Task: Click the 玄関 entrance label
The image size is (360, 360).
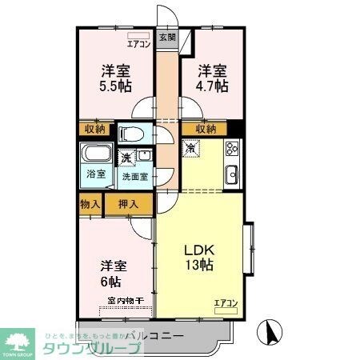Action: click(x=165, y=38)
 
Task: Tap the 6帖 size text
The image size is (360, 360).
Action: click(x=110, y=282)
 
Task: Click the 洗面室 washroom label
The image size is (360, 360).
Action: click(x=134, y=177)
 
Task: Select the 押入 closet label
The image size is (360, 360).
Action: click(x=128, y=204)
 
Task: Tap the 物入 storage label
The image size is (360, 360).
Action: click(x=90, y=204)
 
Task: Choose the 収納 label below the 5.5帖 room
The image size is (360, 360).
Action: click(x=94, y=129)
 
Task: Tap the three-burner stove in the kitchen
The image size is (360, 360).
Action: click(x=233, y=149)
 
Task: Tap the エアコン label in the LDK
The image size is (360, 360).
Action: click(x=226, y=302)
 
